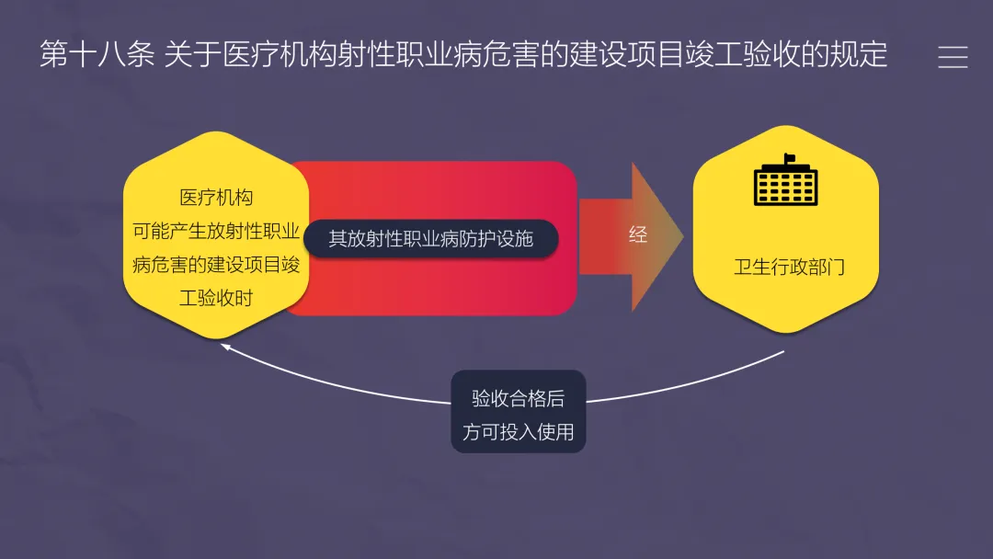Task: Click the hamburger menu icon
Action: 953,57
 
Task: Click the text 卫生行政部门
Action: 789,268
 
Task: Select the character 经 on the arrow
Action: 637,234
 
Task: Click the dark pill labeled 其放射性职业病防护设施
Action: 431,238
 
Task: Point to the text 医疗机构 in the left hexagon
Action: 216,198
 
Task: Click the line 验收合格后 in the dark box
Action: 518,398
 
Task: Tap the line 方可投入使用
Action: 518,431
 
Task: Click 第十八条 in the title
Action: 97,55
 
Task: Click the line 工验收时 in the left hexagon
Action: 216,298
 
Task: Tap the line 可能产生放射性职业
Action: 216,231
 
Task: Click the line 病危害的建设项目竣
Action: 216,265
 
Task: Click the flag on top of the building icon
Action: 788,159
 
